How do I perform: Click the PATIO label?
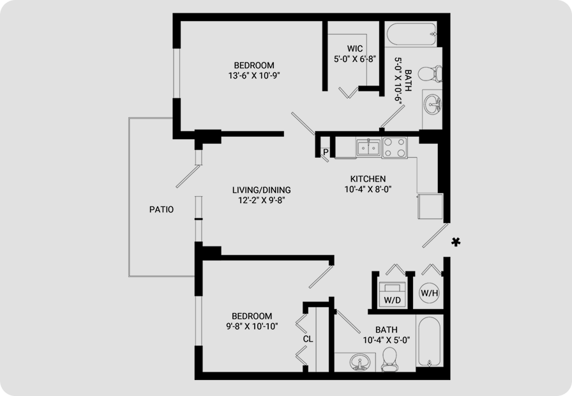point(162,209)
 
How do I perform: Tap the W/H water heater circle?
point(429,293)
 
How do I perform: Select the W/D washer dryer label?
point(392,300)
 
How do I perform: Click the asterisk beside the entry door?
point(456,242)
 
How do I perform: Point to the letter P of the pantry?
point(326,152)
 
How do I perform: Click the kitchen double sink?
point(368,148)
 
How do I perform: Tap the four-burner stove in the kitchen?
point(395,148)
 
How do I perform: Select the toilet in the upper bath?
point(430,74)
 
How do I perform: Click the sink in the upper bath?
point(433,103)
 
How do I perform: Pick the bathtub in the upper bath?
point(410,34)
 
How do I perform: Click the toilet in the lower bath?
point(389,360)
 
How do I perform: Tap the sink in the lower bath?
point(359,362)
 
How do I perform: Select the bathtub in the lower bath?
point(429,341)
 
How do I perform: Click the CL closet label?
point(308,339)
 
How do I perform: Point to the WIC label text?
point(355,49)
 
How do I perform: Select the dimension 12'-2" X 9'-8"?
point(261,201)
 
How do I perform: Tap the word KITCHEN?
point(368,179)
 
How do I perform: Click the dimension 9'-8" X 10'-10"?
point(252,326)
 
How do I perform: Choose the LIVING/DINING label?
point(262,190)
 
